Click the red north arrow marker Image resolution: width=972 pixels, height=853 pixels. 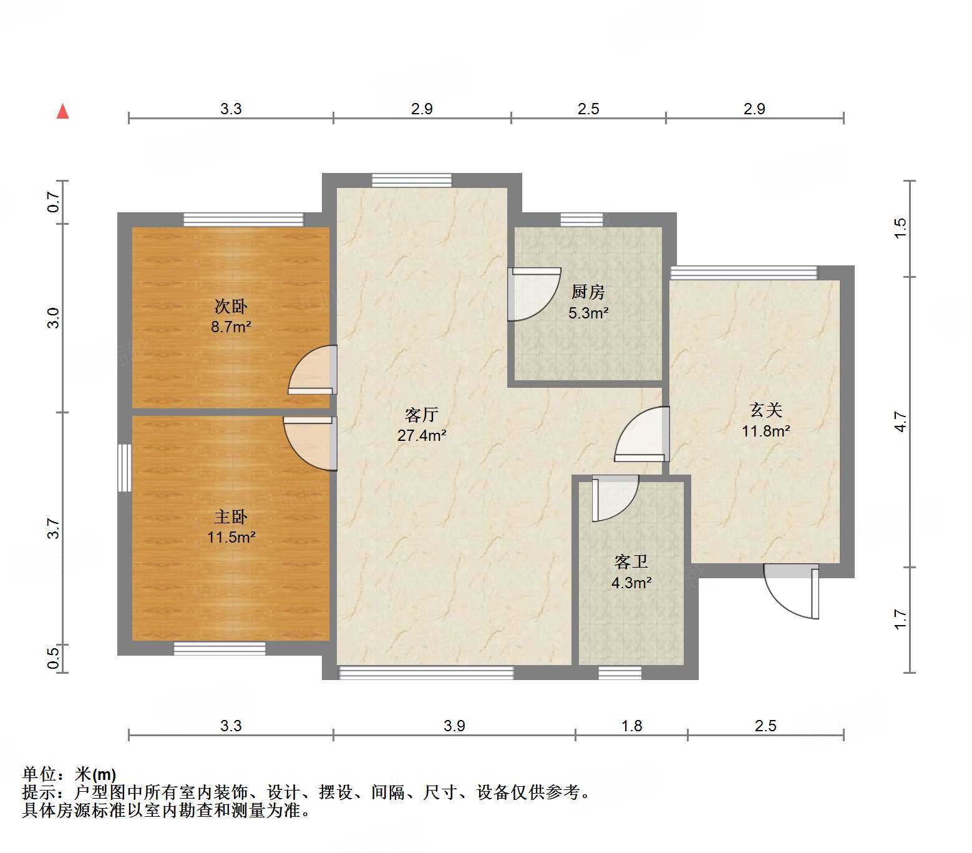point(62,111)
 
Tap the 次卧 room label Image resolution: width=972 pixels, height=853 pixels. point(231,306)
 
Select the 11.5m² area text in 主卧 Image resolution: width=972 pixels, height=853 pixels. point(231,537)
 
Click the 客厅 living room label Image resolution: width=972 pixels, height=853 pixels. point(422,415)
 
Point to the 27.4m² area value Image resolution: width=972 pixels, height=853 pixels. point(422,435)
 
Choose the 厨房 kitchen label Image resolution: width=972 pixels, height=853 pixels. point(588,292)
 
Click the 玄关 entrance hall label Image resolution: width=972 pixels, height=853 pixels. point(765,410)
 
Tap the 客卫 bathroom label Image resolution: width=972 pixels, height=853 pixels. point(631,562)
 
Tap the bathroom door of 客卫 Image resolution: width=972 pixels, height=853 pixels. point(614,497)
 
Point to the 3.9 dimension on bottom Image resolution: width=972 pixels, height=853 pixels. point(454,726)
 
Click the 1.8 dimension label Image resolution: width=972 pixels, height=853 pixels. point(631,726)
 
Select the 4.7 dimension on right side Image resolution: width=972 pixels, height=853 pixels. point(900,422)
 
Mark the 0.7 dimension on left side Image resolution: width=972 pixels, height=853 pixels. point(54,202)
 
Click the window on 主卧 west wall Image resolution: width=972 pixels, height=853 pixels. point(125,468)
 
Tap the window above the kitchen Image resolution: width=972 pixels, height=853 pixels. point(581,219)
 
